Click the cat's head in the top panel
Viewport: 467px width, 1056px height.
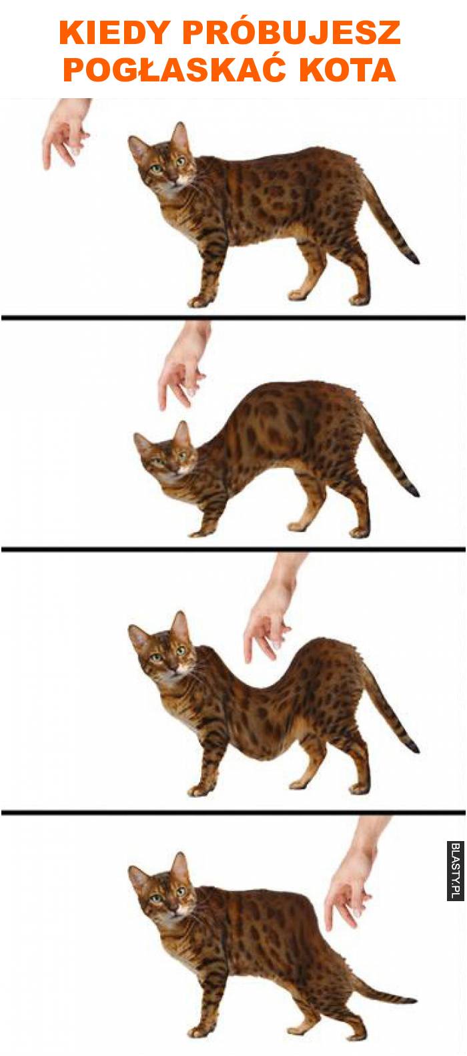coord(163,156)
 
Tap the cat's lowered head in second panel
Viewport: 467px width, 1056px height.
coord(166,450)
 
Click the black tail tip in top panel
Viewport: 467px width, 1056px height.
coord(413,258)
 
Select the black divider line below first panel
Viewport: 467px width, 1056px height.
coord(233,318)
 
